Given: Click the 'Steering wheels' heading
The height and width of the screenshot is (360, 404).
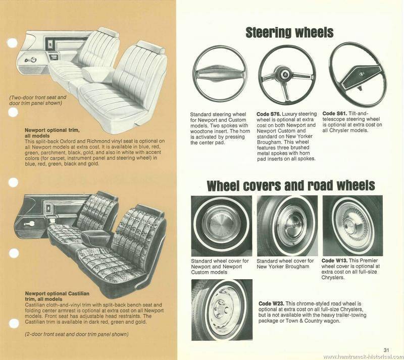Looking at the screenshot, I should (289, 33).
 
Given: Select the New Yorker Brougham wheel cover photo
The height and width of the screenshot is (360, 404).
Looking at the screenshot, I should (287, 226).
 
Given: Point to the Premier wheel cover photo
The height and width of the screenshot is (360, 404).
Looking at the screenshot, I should (352, 226).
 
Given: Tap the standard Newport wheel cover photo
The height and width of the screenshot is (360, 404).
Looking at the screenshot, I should (221, 226).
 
